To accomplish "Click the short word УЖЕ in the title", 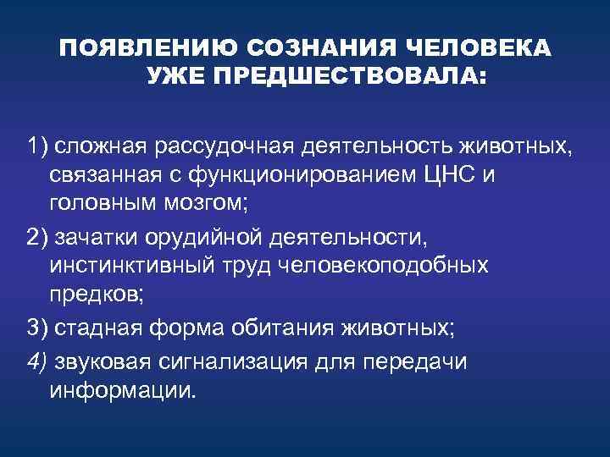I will [x=175, y=79].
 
